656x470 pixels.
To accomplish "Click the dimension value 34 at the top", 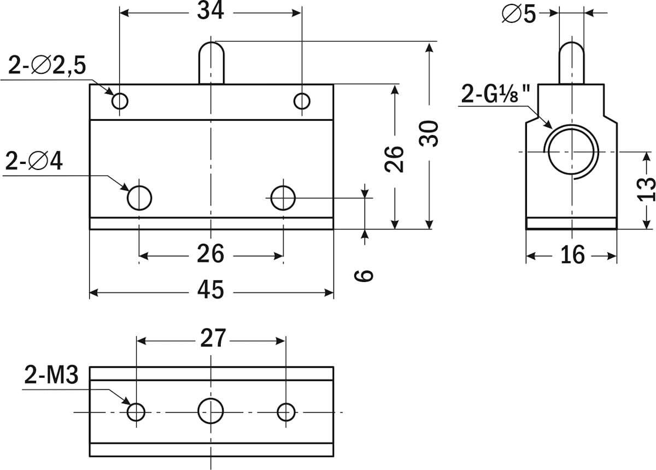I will click(210, 11).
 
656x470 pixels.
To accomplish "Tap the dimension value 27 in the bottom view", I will click(212, 339).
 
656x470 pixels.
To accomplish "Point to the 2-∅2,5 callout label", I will click(47, 66).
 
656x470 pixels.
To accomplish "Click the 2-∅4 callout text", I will click(34, 162).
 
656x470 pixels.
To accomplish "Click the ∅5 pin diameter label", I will click(519, 15).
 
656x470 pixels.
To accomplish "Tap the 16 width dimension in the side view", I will click(572, 255).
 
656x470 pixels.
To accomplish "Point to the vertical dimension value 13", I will click(646, 189).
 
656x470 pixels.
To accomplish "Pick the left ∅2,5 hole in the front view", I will click(120, 101).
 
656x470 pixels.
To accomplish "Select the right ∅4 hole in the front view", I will click(283, 197).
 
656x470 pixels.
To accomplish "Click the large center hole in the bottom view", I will click(210, 410).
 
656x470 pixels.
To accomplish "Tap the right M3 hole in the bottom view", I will click(286, 412).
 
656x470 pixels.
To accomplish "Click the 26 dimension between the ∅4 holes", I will click(210, 254).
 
